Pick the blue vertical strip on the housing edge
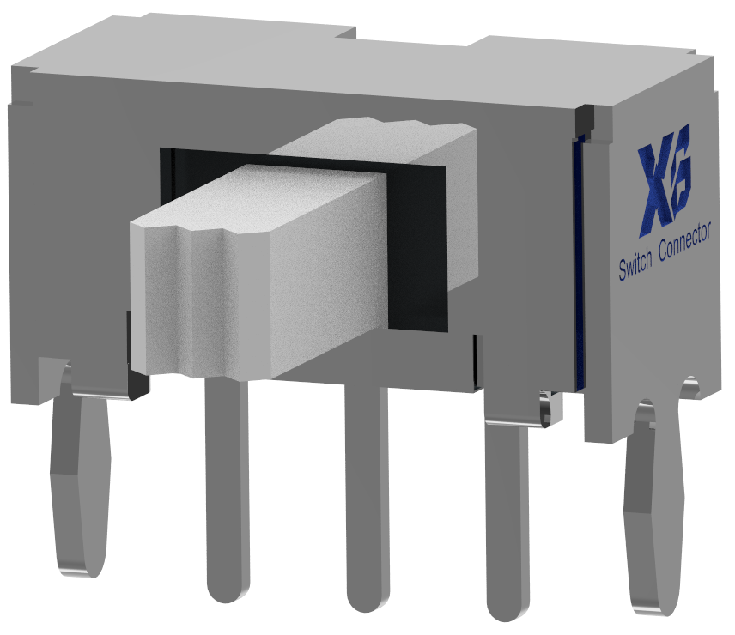click(580, 257)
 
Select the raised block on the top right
click(592, 46)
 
